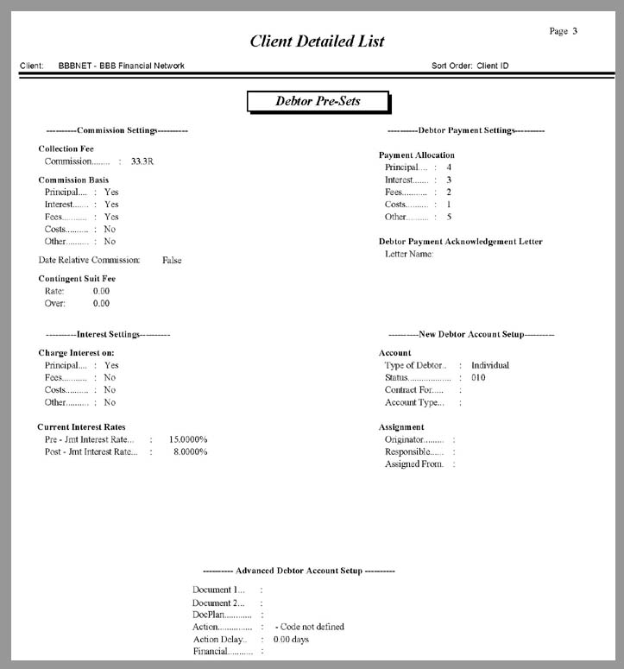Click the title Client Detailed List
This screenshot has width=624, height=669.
click(317, 41)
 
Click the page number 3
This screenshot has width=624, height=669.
click(575, 31)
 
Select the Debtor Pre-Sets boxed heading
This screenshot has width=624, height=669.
click(318, 101)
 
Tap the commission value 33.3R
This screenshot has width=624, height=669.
click(143, 161)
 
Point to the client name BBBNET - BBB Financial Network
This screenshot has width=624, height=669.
click(122, 66)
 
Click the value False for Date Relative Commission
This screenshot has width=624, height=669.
click(172, 260)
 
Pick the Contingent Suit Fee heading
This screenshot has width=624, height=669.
click(77, 279)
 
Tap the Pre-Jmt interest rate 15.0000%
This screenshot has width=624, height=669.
click(188, 439)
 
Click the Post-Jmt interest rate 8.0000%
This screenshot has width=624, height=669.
click(190, 451)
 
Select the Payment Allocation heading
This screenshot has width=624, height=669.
click(417, 155)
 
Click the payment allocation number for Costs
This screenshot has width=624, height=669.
click(449, 204)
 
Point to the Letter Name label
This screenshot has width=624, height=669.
click(409, 254)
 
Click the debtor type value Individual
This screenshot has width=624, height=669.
click(490, 365)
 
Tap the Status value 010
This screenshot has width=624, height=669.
click(478, 377)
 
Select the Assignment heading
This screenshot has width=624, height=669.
click(401, 427)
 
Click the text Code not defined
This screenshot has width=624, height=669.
click(311, 627)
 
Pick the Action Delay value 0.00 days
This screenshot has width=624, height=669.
click(291, 640)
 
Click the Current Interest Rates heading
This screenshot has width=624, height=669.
click(81, 427)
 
